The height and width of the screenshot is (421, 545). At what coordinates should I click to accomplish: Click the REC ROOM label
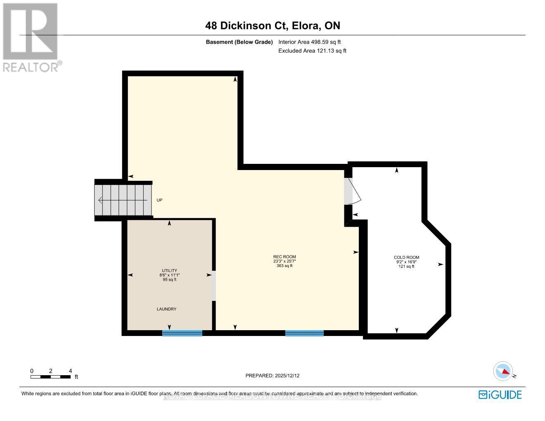click(284, 257)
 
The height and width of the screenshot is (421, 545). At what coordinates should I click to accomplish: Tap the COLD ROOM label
click(406, 258)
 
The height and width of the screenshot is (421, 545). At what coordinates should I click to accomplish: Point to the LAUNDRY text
click(166, 309)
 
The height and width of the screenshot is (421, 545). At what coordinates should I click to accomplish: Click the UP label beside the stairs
click(159, 200)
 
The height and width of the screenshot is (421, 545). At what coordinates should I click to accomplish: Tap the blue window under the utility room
click(182, 333)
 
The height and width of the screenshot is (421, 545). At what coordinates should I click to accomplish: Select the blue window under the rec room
click(304, 333)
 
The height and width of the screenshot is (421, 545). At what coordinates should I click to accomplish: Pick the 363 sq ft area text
click(284, 266)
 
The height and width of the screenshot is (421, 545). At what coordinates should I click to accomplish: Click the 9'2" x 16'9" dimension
click(406, 262)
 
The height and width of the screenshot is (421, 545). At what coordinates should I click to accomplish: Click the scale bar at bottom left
click(50, 376)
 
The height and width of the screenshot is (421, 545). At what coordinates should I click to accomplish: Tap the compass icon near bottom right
click(503, 371)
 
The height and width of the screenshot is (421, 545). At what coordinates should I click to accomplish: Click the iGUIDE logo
click(500, 395)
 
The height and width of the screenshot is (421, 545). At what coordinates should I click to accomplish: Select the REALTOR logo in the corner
click(31, 38)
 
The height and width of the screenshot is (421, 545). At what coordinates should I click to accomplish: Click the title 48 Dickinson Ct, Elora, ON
click(272, 26)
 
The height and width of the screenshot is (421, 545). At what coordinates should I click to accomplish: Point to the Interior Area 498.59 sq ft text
click(309, 42)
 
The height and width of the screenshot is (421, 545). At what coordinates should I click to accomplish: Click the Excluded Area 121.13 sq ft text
click(312, 51)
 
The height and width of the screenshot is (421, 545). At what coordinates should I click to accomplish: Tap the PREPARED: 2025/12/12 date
click(272, 376)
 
